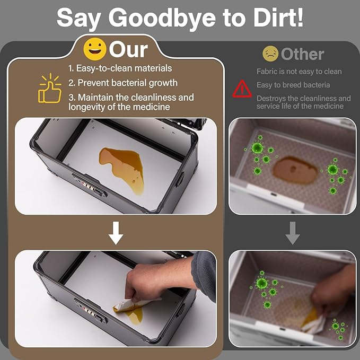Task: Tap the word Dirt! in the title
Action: tap(278, 17)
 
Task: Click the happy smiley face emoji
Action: tap(95, 49)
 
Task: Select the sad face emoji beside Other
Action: tap(270, 54)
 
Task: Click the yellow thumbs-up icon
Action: tap(50, 88)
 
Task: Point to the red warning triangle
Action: tap(242, 89)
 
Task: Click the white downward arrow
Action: tap(116, 233)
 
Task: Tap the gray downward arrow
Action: tap(293, 233)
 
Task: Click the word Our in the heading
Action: tap(128, 50)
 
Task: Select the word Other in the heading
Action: tap(302, 54)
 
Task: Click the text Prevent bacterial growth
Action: tap(128, 83)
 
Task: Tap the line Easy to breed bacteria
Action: tap(293, 85)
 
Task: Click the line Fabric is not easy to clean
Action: tap(299, 72)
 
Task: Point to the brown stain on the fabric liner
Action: tap(295, 170)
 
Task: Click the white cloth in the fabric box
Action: tap(314, 324)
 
